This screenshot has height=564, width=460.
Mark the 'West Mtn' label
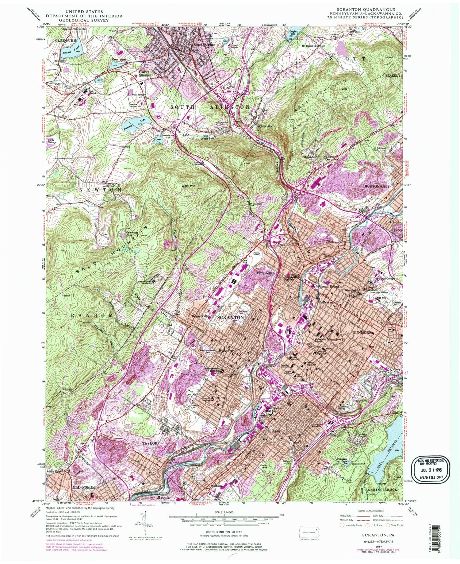tap(189, 186)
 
